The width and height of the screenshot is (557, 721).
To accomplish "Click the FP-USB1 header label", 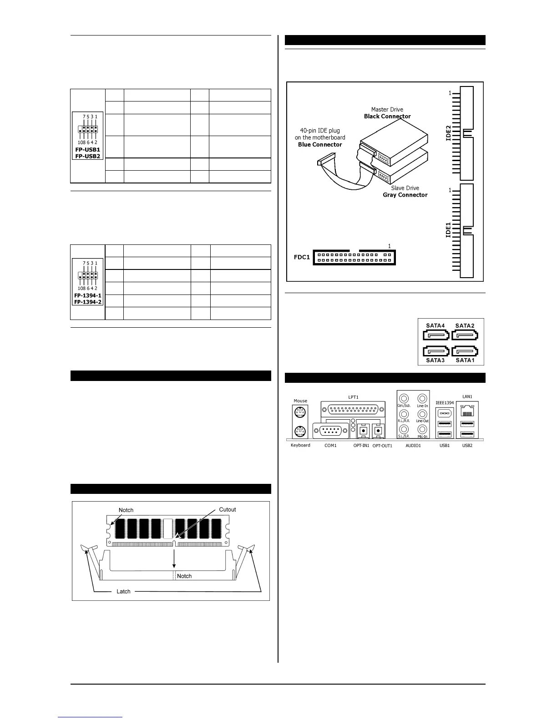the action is coord(88,149).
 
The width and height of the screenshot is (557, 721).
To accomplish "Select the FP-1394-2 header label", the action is coord(88,302).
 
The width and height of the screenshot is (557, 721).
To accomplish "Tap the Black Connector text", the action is coord(387,116).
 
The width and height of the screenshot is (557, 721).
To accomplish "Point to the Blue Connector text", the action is coord(320,144).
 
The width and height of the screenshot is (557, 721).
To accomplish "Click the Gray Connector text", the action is coord(405,195).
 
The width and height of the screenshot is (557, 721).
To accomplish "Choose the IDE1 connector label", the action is coord(448,229).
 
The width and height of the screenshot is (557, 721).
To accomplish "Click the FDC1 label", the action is coord(302,257).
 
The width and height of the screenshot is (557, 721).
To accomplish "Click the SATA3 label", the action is coord(435,360).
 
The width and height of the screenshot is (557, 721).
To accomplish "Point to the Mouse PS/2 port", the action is coord(300,413).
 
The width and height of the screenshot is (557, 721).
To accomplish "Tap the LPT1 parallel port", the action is coord(353,408).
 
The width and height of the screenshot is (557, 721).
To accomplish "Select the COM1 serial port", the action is coord(331,431).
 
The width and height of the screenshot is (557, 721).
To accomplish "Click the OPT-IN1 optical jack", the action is coord(363,430).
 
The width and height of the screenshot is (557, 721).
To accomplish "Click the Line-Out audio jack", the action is coord(422,414).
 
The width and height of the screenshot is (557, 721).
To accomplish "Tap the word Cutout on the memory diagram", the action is coord(228,509).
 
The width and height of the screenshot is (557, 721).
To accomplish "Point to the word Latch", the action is coord(123,591).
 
